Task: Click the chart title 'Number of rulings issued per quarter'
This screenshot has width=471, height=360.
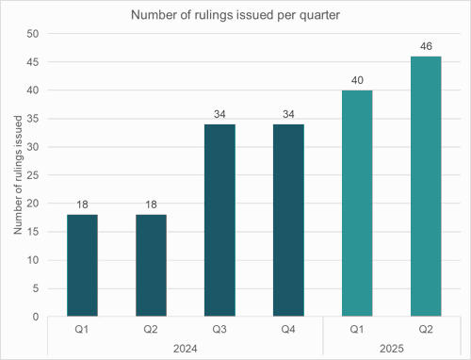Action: [235, 15]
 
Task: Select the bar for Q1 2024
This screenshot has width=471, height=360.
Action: [82, 266]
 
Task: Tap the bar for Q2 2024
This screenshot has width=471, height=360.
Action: [151, 266]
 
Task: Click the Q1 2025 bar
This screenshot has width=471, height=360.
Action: [357, 204]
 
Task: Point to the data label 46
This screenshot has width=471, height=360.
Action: [426, 45]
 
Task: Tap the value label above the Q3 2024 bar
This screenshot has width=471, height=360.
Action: [219, 113]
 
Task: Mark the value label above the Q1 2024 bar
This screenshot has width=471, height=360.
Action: [82, 204]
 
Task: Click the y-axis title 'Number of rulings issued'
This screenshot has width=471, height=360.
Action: [18, 175]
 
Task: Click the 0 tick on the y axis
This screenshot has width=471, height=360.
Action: [35, 317]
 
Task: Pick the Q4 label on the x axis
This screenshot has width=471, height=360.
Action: [288, 329]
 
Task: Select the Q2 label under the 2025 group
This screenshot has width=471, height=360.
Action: [426, 329]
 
